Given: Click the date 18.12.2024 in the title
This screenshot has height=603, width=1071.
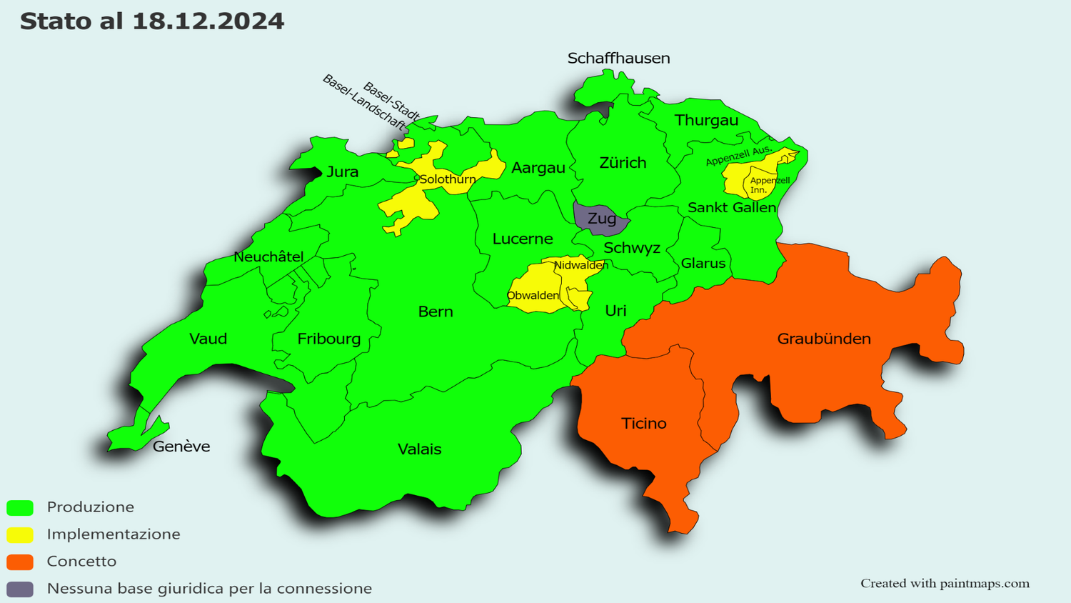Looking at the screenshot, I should [x=208, y=21].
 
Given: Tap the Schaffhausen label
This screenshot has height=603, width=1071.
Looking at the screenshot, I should [x=618, y=59].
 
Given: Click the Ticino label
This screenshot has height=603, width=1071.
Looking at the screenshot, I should [x=643, y=424].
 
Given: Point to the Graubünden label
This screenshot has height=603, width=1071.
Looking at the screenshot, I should [x=823, y=339].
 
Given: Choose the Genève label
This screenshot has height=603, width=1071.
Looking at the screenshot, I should [x=181, y=447].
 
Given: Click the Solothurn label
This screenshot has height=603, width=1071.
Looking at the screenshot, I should [x=447, y=179].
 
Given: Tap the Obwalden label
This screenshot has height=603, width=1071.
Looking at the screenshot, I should [x=533, y=296].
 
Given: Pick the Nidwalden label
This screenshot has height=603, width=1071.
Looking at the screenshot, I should [x=580, y=265].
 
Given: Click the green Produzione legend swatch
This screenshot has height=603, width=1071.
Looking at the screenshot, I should [x=20, y=508].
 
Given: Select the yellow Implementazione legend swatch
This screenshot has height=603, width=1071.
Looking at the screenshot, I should [x=20, y=534].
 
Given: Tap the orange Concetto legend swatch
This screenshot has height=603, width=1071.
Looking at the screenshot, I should [x=20, y=562].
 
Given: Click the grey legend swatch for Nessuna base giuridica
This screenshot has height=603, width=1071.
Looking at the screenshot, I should [x=20, y=589].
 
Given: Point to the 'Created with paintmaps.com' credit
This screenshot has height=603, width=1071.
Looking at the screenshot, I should [x=944, y=584].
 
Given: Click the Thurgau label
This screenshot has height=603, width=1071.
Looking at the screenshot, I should [x=706, y=121].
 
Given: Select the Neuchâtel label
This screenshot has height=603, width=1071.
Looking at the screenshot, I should [x=268, y=257].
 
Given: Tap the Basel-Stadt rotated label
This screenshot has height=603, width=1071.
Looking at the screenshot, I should [x=391, y=101].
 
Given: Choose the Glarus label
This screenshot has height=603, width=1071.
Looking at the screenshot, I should [x=703, y=264].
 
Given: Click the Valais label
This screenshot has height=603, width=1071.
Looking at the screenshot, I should [x=419, y=449].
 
